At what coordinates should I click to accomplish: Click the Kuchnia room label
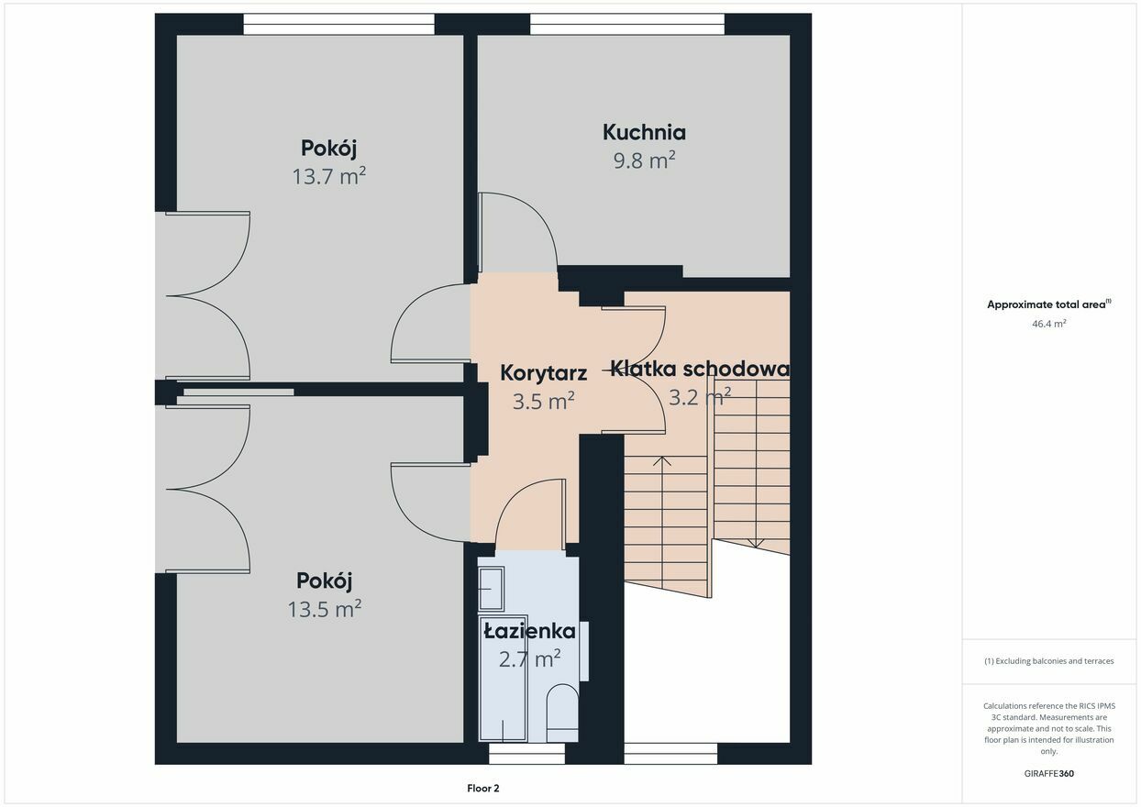tap(645, 132)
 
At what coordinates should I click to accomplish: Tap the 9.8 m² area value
tap(645, 160)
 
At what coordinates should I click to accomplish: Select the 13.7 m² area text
tap(329, 176)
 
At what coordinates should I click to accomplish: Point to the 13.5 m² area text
tap(325, 608)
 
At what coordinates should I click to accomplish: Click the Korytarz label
tap(544, 373)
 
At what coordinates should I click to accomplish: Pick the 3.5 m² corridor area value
tap(544, 401)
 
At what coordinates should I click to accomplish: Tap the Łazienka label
tap(530, 631)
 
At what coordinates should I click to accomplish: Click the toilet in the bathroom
tap(562, 713)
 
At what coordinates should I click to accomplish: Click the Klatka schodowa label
tap(700, 369)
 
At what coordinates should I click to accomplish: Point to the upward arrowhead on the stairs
tap(661, 460)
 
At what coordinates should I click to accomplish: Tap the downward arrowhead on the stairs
tap(756, 543)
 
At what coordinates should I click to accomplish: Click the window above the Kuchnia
tap(627, 24)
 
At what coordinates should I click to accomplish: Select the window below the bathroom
tap(526, 754)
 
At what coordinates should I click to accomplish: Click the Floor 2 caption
tap(482, 788)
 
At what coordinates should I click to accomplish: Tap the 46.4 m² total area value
tap(1048, 324)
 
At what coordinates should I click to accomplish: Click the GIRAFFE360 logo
tap(1048, 773)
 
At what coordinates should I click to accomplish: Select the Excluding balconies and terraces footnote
tap(1048, 661)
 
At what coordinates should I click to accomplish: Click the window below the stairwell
tap(670, 754)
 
